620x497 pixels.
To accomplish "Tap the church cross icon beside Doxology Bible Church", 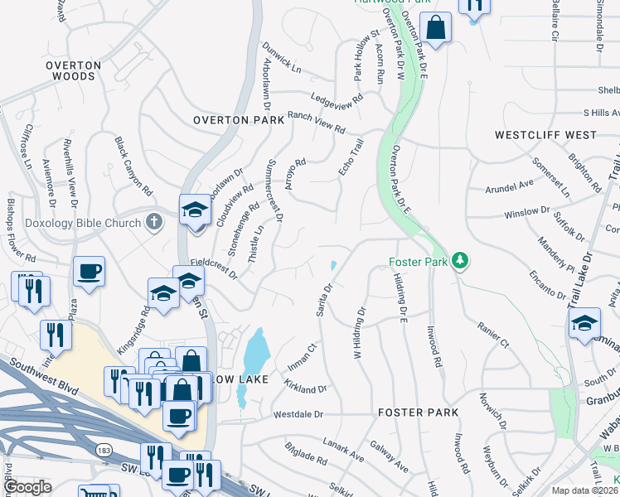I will (153, 221).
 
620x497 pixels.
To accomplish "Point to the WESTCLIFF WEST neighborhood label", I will (545, 134).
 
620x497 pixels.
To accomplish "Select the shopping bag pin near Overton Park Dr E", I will (435, 29).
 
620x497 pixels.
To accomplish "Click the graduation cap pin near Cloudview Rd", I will (195, 210).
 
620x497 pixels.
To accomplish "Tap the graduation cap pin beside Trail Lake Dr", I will (584, 323).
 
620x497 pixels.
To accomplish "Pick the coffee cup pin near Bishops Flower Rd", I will (89, 271).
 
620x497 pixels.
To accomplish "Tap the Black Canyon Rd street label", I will (133, 166).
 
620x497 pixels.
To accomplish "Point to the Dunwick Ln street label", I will (282, 55).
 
